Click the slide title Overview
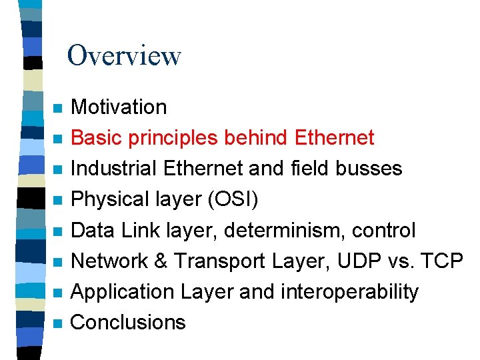pyautogui.click(x=124, y=55)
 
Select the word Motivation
pyautogui.click(x=119, y=107)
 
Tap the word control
pyautogui.click(x=385, y=231)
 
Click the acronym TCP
pyautogui.click(x=443, y=261)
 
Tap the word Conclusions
pyautogui.click(x=128, y=323)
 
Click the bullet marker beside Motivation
pyautogui.click(x=58, y=108)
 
